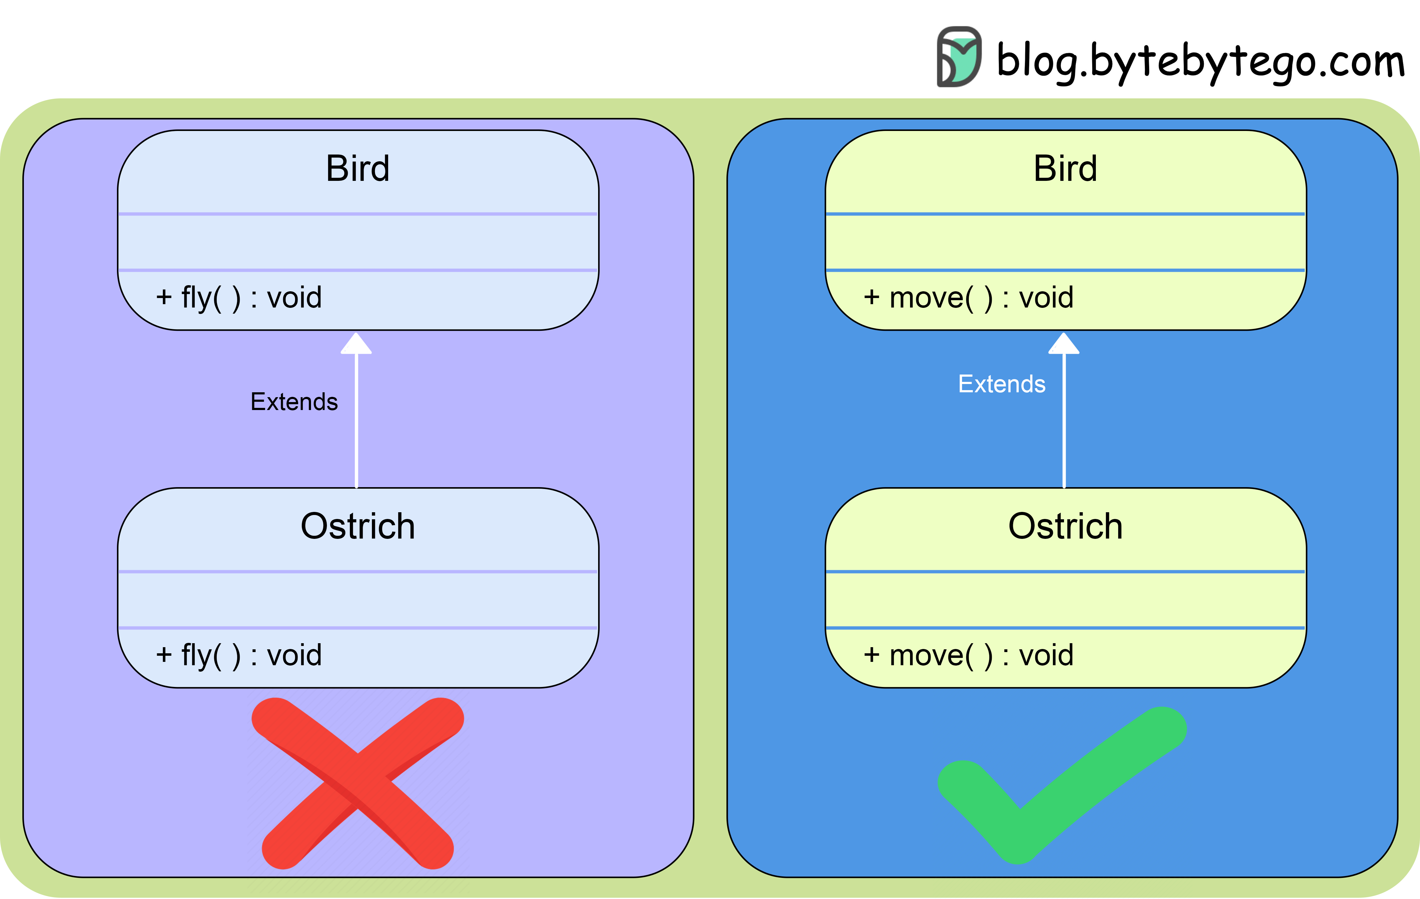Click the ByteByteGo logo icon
pyautogui.click(x=959, y=57)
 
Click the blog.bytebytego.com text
pyautogui.click(x=1200, y=61)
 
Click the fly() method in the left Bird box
pyautogui.click(x=239, y=298)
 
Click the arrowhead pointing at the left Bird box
pyautogui.click(x=356, y=344)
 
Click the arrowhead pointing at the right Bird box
pyautogui.click(x=1064, y=344)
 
